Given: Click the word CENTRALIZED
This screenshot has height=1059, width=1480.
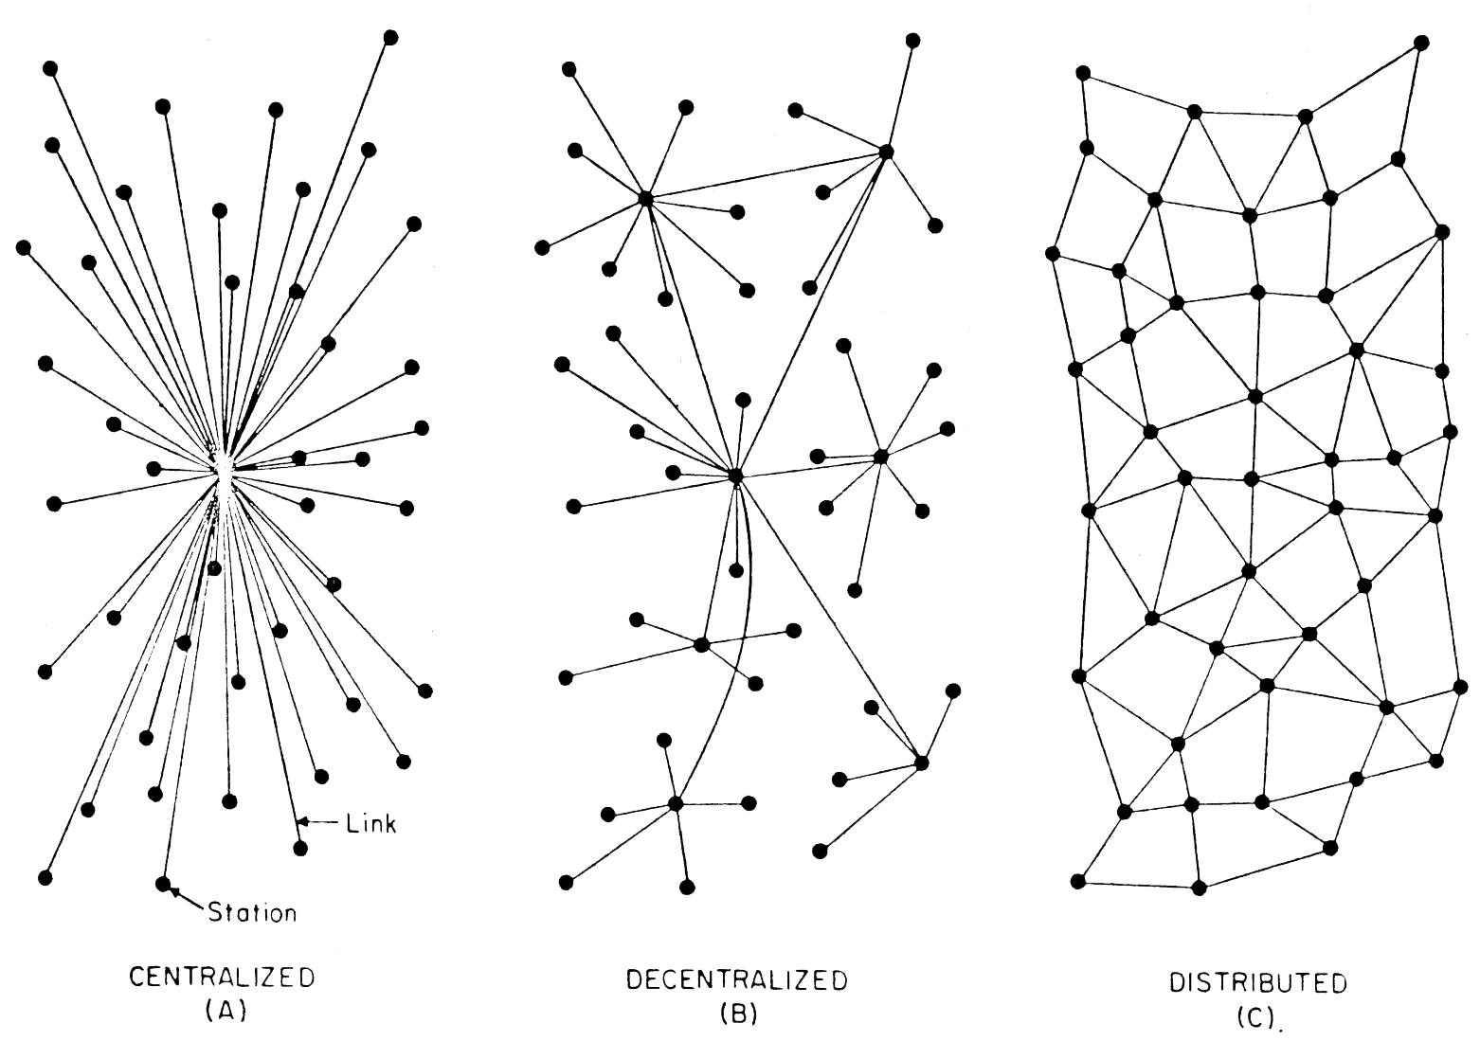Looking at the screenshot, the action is tap(222, 978).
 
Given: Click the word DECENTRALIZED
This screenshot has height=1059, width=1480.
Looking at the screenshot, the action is tap(737, 980).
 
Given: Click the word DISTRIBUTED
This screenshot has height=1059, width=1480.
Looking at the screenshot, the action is tap(1258, 983).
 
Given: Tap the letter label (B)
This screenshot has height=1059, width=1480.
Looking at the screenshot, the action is tap(739, 1014).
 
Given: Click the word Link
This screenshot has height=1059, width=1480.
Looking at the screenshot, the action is tap(370, 823).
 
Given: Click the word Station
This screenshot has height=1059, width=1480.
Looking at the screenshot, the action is tap(252, 912).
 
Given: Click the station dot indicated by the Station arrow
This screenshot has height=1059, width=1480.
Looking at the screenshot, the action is tap(163, 883).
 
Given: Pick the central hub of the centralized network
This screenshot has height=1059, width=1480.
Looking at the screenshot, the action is tap(222, 469).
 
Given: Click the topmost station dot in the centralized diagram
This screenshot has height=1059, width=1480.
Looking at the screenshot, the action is tap(390, 38).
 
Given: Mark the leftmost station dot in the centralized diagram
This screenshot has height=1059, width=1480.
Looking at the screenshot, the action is tap(23, 248).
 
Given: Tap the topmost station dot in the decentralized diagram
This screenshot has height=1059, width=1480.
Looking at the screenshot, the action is tap(912, 41).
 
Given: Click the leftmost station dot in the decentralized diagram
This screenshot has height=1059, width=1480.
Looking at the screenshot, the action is tap(542, 248).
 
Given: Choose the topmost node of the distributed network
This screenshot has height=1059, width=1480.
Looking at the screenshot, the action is tap(1421, 43).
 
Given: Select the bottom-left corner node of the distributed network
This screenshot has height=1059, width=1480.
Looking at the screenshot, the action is tap(1077, 881).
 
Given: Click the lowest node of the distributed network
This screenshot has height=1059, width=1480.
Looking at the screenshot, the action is tap(1200, 888).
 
